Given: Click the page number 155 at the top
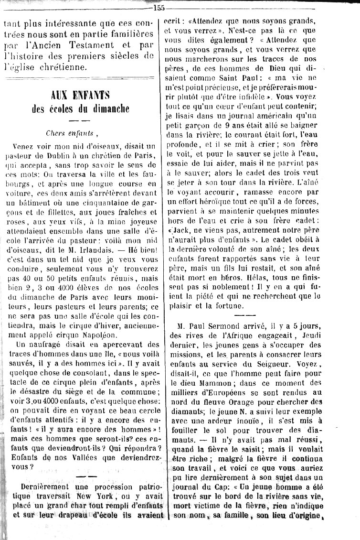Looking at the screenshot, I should (x=159, y=6).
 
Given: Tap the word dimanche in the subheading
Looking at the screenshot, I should (x=108, y=108).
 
